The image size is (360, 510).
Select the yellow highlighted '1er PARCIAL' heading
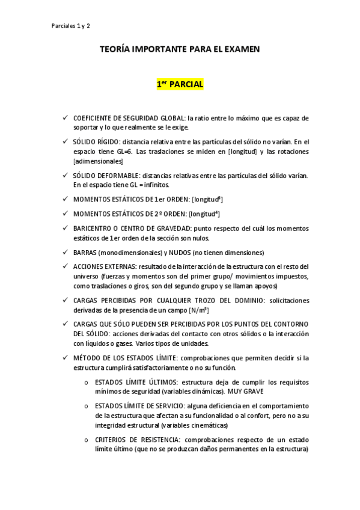coord(180,85)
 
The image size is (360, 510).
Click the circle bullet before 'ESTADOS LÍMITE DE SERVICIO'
coord(87,406)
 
